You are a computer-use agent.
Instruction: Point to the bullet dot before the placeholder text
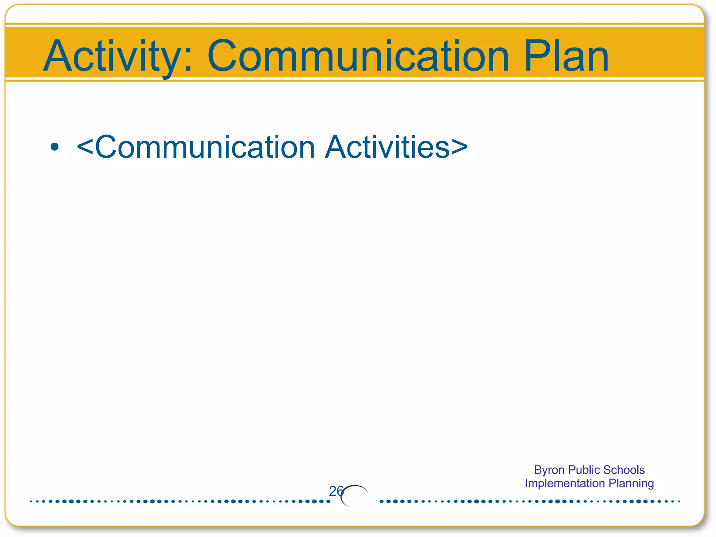click(x=54, y=147)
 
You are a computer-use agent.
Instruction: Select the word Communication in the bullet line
click(x=205, y=147)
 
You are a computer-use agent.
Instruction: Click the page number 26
click(x=336, y=491)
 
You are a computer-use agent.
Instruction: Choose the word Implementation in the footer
click(x=565, y=483)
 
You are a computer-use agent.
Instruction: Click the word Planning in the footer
click(x=631, y=483)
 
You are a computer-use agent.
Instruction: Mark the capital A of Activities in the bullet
click(x=337, y=147)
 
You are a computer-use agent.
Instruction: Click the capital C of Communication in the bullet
click(x=107, y=147)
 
